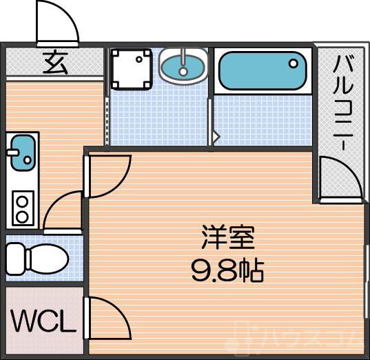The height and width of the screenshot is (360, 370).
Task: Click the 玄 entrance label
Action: coord(56,63)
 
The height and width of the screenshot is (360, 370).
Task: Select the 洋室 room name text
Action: coord(228,238)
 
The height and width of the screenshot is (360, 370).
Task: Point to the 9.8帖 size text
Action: coord(228,270)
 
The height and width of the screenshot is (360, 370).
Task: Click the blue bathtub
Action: coord(263,70)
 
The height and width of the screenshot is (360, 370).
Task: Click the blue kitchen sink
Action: coord(21,150)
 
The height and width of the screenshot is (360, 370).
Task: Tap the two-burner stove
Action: coord(22,208)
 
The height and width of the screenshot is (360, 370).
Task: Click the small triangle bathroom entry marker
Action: coord(216,137)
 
